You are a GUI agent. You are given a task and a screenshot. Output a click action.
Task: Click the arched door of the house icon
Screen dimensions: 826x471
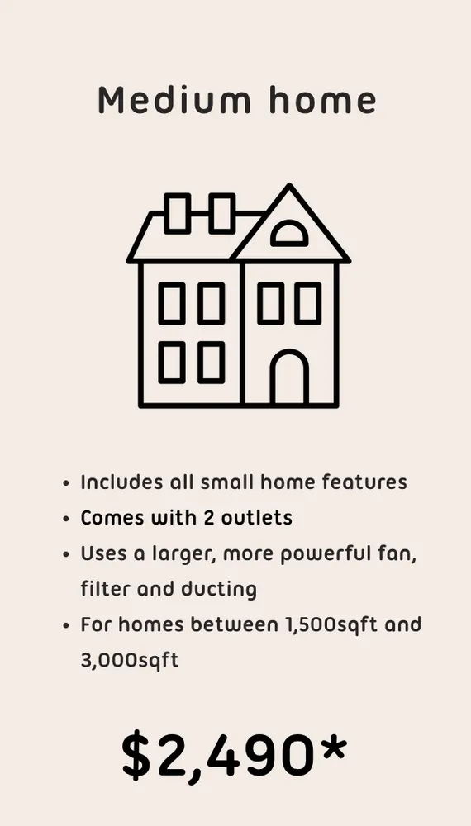[289, 378]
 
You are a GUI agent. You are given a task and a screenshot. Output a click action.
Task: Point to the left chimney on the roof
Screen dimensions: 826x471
[178, 213]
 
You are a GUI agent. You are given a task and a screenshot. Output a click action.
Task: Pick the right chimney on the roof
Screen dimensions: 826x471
[221, 213]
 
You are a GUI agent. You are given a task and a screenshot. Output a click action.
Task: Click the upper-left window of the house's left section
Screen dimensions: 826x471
[172, 303]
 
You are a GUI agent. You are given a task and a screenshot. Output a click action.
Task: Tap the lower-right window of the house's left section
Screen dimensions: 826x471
[211, 363]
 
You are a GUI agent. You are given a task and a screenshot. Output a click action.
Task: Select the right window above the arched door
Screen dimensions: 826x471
[308, 303]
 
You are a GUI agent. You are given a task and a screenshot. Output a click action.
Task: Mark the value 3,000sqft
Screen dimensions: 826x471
[129, 661]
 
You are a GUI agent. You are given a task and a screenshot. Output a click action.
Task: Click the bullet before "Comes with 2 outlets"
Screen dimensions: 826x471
[67, 520]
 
